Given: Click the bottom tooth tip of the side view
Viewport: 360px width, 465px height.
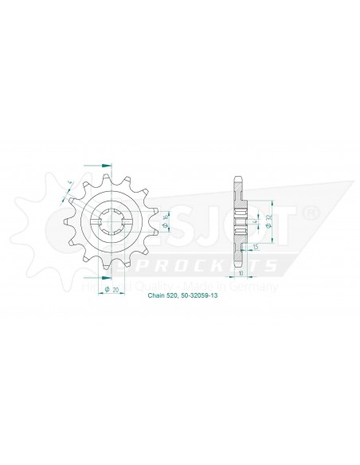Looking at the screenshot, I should (x=238, y=268).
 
